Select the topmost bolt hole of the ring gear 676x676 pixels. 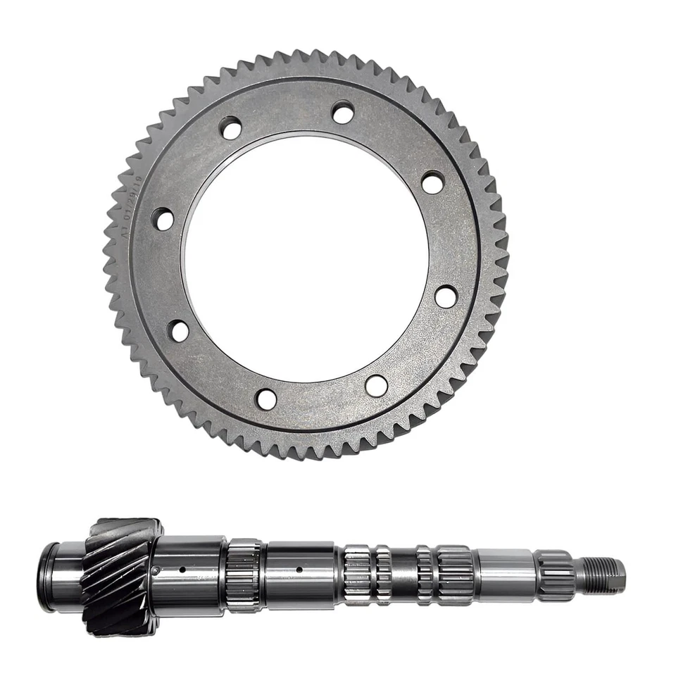(343, 111)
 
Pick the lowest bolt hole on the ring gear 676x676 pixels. (266, 399)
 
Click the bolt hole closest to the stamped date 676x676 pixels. (163, 219)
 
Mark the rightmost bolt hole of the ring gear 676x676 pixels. (445, 296)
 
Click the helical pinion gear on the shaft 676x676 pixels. (120, 575)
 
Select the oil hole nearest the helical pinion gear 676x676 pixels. (182, 570)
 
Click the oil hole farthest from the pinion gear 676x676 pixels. (299, 570)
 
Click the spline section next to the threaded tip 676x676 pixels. (556, 575)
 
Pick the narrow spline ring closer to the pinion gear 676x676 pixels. (383, 575)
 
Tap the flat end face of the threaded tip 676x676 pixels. (623, 574)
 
